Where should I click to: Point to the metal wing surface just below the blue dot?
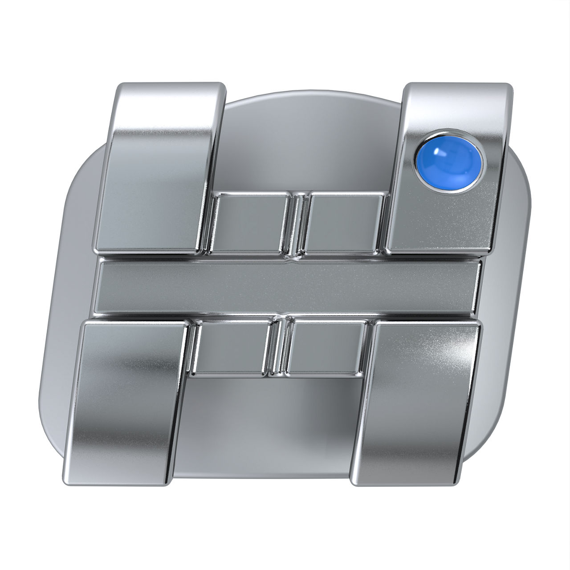pyautogui.click(x=441, y=218)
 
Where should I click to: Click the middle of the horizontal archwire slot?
pyautogui.click(x=287, y=286)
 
